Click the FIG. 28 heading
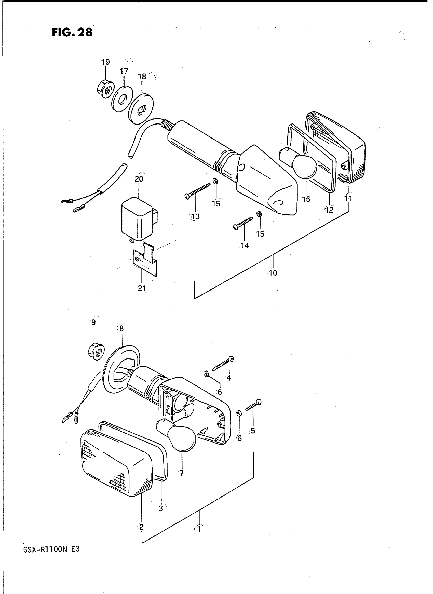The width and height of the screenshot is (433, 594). point(72,32)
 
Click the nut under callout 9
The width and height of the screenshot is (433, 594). point(96,352)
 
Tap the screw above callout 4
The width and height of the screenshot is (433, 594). point(223,364)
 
